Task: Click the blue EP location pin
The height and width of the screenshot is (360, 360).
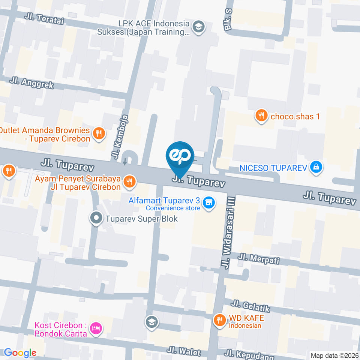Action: click(180, 156)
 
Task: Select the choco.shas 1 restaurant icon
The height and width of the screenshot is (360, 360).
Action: click(261, 116)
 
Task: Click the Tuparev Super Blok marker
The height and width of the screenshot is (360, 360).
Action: click(96, 218)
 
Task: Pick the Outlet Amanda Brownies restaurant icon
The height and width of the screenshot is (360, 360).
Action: click(99, 133)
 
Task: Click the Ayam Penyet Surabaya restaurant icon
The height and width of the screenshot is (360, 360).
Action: click(129, 182)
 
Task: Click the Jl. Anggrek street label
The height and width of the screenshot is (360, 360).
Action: click(32, 83)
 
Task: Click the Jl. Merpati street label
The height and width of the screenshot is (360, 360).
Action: click(259, 258)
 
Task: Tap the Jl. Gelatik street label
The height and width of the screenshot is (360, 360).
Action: click(250, 306)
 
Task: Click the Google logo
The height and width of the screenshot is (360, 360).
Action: click(20, 353)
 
